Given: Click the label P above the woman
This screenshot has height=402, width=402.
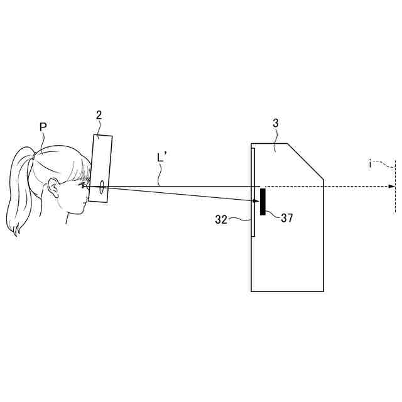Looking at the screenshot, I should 43,127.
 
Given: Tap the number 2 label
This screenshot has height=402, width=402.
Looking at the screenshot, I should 99,115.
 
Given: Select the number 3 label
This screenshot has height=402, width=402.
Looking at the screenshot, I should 275,124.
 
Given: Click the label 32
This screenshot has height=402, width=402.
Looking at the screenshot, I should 221,219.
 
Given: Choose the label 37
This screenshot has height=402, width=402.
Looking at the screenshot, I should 287,218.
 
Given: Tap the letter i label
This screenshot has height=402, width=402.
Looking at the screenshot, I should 370,164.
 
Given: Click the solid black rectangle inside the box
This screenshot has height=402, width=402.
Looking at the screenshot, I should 263,201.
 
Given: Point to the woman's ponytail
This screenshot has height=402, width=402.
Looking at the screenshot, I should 19,188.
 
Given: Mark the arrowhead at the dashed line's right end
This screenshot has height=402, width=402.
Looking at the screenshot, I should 392,186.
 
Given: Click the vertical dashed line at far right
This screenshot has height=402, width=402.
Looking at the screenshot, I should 395,188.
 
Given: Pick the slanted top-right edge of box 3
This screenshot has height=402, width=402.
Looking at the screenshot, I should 305,161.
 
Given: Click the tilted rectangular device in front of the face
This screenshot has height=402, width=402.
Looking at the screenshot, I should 100,168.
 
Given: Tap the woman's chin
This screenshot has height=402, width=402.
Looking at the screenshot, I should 80,212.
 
